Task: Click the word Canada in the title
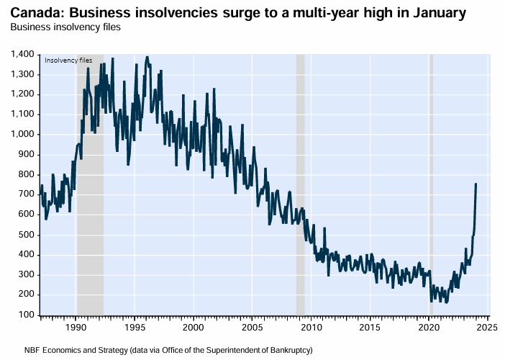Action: click(32, 12)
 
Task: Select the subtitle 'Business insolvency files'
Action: click(65, 27)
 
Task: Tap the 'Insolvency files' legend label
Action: click(68, 60)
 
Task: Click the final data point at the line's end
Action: click(476, 184)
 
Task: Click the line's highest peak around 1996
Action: click(147, 56)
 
